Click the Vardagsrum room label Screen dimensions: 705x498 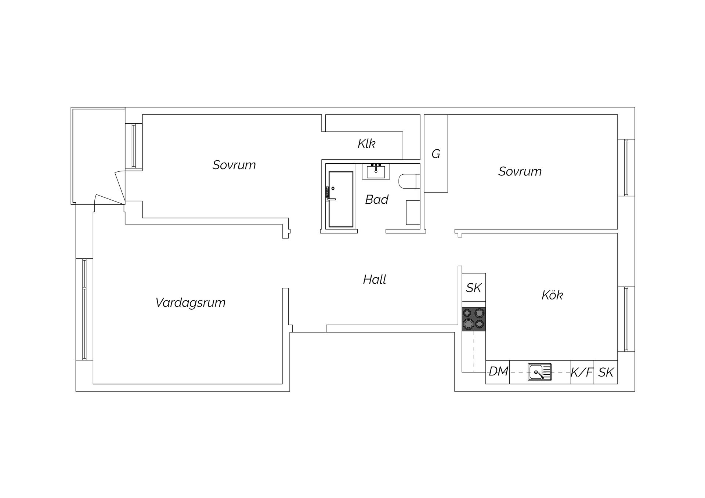pyautogui.click(x=190, y=303)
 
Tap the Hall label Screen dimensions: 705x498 pyautogui.click(x=375, y=280)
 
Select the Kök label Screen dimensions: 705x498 pyautogui.click(x=552, y=295)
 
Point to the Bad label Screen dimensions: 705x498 pyautogui.click(x=377, y=200)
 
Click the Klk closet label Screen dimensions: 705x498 pyautogui.click(x=366, y=143)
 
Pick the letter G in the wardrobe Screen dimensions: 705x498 pyautogui.click(x=436, y=154)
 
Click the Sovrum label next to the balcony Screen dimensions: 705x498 pyautogui.click(x=234, y=165)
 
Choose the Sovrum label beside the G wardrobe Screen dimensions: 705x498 pyautogui.click(x=520, y=171)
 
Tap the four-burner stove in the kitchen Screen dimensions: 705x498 pyautogui.click(x=474, y=319)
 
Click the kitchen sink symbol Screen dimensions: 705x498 pyautogui.click(x=540, y=372)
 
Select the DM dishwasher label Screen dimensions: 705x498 pyautogui.click(x=498, y=372)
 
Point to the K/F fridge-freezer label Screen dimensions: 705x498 pyautogui.click(x=582, y=372)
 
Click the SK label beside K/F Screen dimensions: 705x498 pyautogui.click(x=606, y=372)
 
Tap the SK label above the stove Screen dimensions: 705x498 pyautogui.click(x=474, y=288)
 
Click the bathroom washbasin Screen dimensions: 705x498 pyautogui.click(x=376, y=171)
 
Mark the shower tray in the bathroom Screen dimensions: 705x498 pyautogui.click(x=341, y=199)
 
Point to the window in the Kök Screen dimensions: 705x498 pyautogui.click(x=626, y=319)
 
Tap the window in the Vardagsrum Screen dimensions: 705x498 pyautogui.click(x=84, y=309)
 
